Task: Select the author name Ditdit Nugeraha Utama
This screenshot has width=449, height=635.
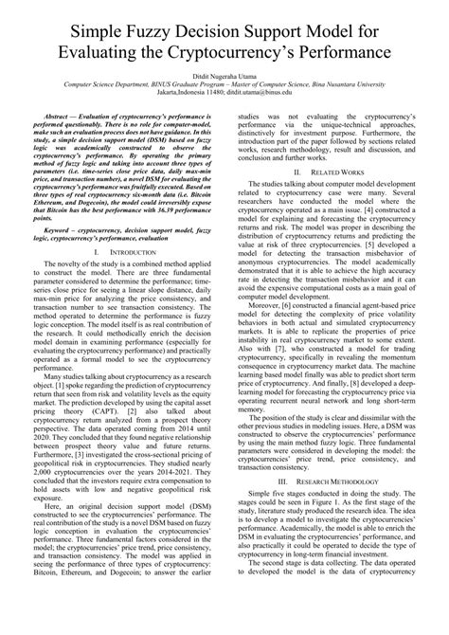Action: [224, 100]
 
